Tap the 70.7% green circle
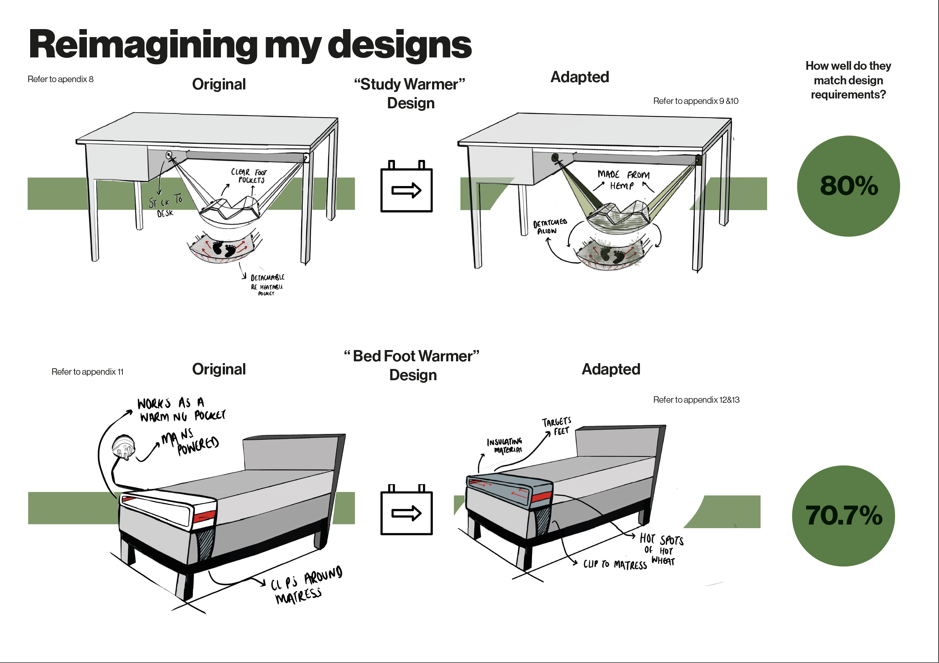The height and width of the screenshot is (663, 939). coord(843,515)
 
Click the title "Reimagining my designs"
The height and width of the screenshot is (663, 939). coord(250,45)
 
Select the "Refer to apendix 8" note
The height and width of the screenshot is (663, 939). coord(61,79)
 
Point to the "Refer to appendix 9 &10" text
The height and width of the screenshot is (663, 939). coord(695,101)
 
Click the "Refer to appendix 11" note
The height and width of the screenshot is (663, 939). coord(87,372)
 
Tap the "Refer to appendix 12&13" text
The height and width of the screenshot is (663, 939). coord(696,399)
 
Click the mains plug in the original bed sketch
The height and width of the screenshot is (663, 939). coord(123,447)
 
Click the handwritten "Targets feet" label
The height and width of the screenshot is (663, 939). coord(557,426)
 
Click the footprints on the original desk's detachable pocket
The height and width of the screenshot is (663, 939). coord(224,248)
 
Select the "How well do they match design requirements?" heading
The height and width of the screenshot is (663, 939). coord(848,80)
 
